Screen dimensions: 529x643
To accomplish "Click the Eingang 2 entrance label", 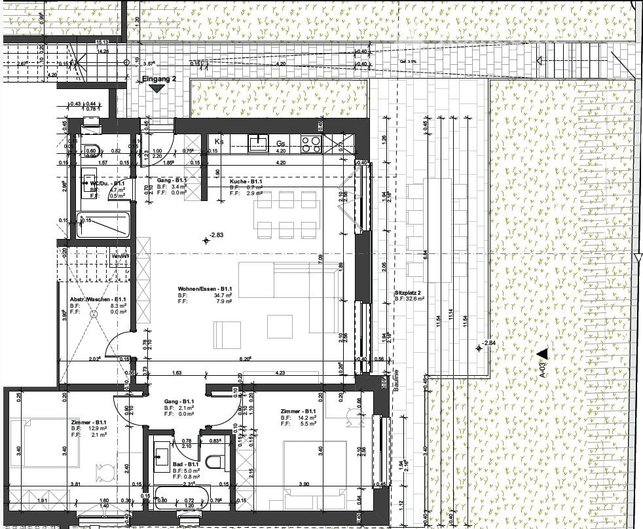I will pos(160,79).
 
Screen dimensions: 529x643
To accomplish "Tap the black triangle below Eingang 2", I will pos(156,89).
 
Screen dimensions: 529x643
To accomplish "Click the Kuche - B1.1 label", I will pos(246,181).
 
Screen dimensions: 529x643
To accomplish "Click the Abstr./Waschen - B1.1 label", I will pos(98,300).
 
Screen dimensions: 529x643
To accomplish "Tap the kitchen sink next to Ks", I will pos(260,142).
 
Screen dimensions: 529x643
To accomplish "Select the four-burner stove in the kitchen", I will pos(310,143).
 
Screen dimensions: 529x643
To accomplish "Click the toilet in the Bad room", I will pos(215,462).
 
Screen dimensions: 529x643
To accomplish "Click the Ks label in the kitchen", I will pos(219,141).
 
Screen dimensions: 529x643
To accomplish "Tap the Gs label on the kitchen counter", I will pos(281,143).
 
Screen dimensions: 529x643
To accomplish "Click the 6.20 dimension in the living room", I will pos(246,359).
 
